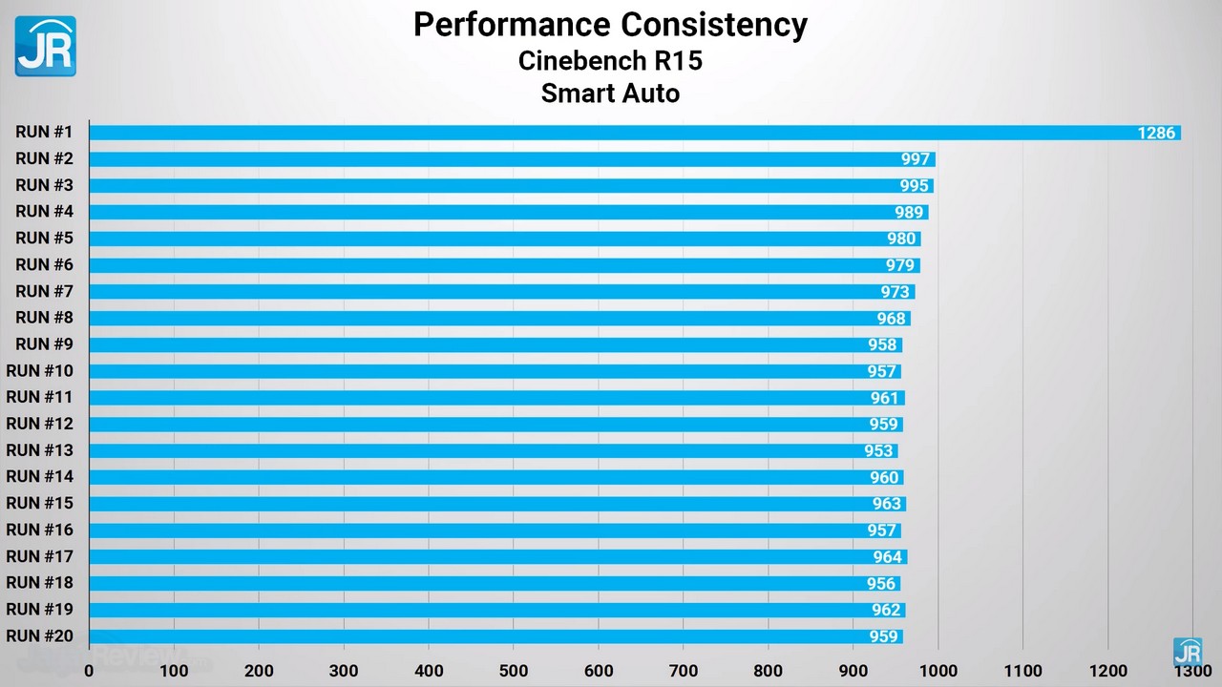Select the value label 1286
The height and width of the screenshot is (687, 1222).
point(1156,133)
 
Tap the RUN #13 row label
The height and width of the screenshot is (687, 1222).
point(39,450)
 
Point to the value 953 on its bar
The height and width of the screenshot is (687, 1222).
point(878,451)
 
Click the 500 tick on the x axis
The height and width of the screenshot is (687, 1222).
point(514,671)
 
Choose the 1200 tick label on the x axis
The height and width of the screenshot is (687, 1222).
point(1107,671)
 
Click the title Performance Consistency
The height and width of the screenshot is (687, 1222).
point(610,25)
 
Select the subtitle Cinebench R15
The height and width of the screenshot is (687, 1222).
point(610,60)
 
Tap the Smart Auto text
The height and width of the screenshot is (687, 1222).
point(610,94)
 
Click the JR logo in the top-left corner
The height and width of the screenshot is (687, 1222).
point(45,45)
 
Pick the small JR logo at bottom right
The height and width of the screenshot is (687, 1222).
point(1188,653)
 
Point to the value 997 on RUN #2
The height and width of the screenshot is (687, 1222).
point(916,159)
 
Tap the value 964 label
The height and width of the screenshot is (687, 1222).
point(887,557)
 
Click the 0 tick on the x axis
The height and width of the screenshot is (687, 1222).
point(89,671)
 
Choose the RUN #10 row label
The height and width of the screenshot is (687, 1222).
point(39,371)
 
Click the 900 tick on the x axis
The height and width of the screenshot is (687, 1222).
point(853,671)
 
